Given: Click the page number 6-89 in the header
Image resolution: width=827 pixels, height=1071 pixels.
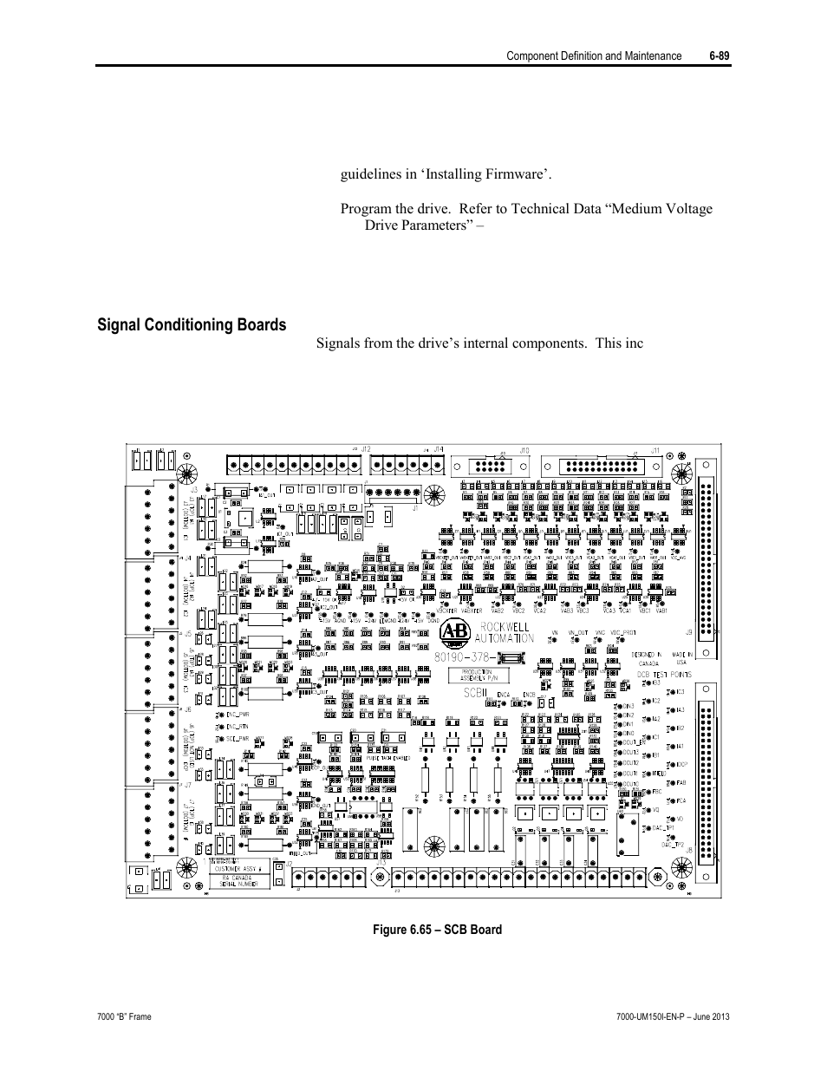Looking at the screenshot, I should click(719, 56).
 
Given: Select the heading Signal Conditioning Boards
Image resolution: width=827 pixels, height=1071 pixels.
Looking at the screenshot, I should click(192, 325).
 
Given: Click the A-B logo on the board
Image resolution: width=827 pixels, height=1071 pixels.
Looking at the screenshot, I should click(453, 632).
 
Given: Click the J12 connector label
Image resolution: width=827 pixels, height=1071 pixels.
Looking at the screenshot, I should click(367, 448).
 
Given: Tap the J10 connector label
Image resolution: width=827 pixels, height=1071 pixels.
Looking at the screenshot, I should click(524, 450).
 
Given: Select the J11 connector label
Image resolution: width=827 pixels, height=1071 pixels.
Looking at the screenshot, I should click(656, 450).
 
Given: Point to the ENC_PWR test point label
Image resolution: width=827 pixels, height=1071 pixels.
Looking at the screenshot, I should click(238, 714).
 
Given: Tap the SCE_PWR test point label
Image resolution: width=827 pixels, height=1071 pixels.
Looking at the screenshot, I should click(238, 739).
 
